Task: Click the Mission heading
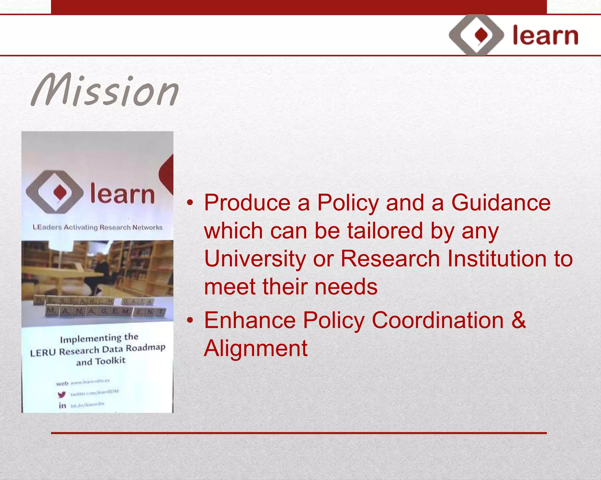click(x=105, y=90)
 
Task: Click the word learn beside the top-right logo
click(x=545, y=36)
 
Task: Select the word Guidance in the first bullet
click(x=501, y=203)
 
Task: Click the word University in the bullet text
click(x=255, y=259)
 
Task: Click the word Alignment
click(x=256, y=348)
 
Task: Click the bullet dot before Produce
click(x=190, y=203)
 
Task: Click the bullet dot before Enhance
click(x=190, y=320)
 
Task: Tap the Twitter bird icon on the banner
click(x=62, y=394)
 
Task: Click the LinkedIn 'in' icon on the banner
click(x=62, y=406)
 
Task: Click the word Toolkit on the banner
click(x=110, y=361)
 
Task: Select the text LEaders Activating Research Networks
click(x=97, y=227)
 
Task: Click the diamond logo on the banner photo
click(x=55, y=192)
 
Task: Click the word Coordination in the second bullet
click(x=437, y=320)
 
